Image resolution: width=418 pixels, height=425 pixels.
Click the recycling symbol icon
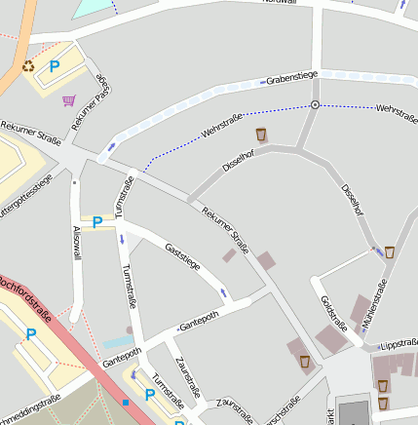(x=28, y=66)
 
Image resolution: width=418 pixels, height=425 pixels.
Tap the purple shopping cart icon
(x=68, y=99)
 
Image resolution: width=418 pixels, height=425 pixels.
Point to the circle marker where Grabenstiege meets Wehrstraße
(x=315, y=104)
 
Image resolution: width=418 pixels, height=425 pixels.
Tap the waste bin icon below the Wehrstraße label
(x=261, y=134)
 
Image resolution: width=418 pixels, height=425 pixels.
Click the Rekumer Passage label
(x=93, y=102)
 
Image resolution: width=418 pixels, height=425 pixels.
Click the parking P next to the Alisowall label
(x=97, y=222)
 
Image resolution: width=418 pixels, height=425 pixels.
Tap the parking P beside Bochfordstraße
(x=31, y=334)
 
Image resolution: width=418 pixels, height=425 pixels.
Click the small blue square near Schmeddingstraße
(x=126, y=401)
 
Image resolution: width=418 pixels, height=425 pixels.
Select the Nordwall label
(x=281, y=3)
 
